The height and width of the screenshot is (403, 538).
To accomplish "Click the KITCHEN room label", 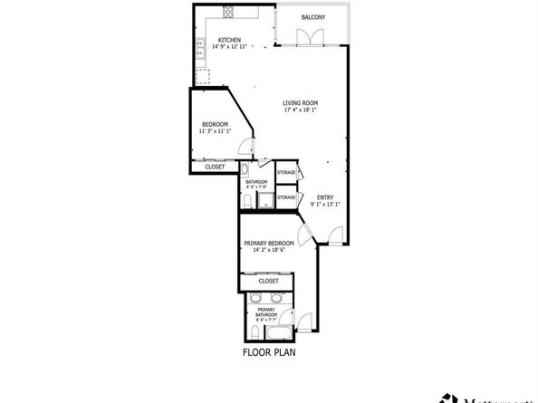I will coord(228,39).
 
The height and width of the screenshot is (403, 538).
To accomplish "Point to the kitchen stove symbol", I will coord(228,14).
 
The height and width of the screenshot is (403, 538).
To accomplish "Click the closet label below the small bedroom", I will coord(215,167).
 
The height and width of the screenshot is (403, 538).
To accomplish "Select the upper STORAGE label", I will coord(286,172).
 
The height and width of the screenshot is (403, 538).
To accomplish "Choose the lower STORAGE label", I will coord(286,197).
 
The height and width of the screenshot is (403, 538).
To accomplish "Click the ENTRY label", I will coord(324,197).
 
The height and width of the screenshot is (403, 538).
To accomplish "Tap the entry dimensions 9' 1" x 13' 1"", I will coord(324,205).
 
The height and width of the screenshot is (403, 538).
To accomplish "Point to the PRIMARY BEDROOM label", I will coord(268,243).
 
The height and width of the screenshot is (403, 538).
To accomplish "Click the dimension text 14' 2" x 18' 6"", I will coord(268,250).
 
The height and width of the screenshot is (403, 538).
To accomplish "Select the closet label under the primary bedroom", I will coord(269,281).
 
